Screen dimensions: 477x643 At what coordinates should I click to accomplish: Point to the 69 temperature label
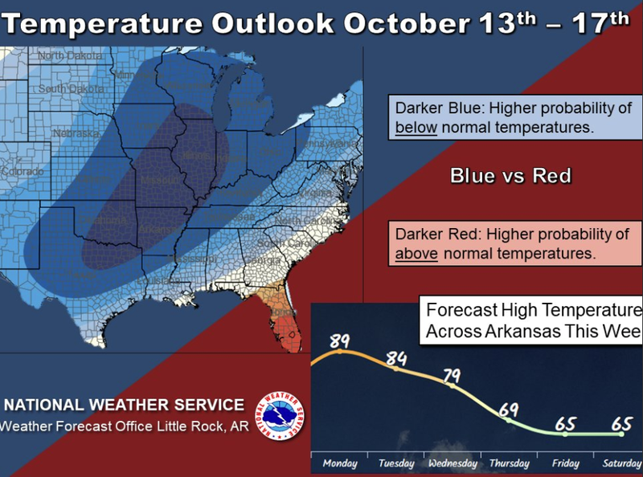507,410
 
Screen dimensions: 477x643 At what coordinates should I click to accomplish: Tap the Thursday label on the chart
508,464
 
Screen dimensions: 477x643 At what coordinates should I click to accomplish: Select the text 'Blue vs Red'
510,175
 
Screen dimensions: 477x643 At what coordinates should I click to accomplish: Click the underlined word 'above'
416,253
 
